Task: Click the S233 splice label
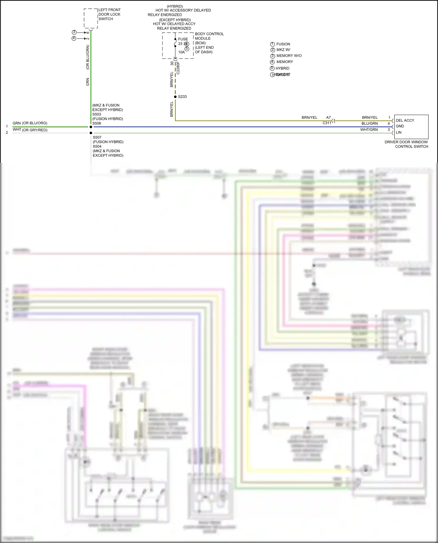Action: (x=182, y=97)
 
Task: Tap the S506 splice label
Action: (x=97, y=123)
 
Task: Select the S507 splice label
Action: (x=97, y=137)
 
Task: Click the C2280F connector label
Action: (x=178, y=68)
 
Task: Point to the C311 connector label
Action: (x=327, y=123)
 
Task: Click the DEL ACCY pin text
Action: (x=405, y=120)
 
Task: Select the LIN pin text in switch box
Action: (x=399, y=132)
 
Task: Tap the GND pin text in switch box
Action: (x=400, y=126)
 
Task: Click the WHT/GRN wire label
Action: (x=369, y=130)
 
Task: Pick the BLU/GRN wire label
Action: (x=369, y=123)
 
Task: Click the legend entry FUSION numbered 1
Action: (x=283, y=44)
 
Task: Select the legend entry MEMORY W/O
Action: (x=289, y=56)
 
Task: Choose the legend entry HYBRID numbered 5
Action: (x=282, y=68)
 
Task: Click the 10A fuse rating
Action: (x=182, y=52)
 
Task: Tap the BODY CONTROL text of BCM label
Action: (x=209, y=34)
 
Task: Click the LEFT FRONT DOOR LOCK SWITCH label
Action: (x=109, y=14)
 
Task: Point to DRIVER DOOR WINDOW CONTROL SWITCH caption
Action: (x=406, y=144)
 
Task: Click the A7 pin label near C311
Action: (x=328, y=117)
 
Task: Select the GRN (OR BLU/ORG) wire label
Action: (x=30, y=123)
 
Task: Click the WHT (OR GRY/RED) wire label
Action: (x=30, y=130)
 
